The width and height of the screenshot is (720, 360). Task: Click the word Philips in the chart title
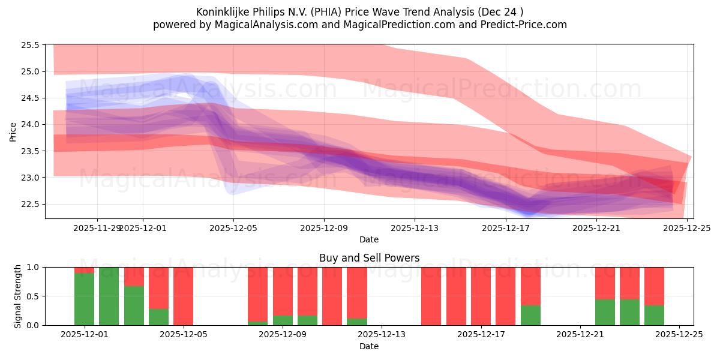270,12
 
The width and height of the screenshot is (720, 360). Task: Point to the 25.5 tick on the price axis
31,45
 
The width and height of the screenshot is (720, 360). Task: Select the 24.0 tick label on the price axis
31,125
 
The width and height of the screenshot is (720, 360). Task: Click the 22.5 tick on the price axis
31,204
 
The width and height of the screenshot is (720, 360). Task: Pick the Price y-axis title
13,131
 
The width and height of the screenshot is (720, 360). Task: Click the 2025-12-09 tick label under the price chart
324,228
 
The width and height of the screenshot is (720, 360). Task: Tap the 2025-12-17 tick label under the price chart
505,228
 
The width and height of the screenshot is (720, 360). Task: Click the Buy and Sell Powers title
368,259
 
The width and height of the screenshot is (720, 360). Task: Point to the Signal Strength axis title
18,296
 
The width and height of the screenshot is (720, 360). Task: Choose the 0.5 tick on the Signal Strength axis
33,296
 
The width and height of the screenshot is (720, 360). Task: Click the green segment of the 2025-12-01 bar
84,299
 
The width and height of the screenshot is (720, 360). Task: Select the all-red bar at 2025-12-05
183,296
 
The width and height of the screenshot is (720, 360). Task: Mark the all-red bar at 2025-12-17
481,296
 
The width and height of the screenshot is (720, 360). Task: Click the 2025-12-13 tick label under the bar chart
382,335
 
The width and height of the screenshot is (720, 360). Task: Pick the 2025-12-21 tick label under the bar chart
580,335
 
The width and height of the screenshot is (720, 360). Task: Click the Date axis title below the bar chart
368,346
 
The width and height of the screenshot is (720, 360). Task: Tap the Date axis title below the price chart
368,239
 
